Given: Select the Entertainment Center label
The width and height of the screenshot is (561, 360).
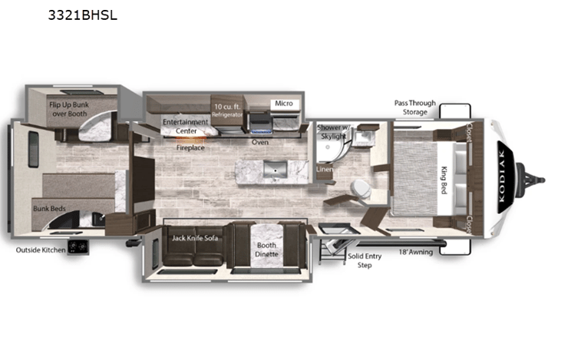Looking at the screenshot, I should coord(185,126).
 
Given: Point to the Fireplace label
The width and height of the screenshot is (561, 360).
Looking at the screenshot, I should coord(190,147).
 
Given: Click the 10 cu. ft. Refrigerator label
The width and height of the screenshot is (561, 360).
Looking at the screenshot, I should coord(228,109).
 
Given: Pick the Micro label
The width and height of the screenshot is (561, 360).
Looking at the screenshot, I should coord(283,104).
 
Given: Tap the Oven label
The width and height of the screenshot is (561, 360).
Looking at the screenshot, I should coord(260,142).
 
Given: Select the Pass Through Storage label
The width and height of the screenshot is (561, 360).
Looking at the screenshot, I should coord(414,107).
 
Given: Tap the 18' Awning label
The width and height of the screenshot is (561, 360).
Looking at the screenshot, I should coord(414,251).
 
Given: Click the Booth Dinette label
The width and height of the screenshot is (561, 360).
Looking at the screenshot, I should coord(268,249).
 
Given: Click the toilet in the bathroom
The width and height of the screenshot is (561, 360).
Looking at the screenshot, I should coord(358,188).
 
